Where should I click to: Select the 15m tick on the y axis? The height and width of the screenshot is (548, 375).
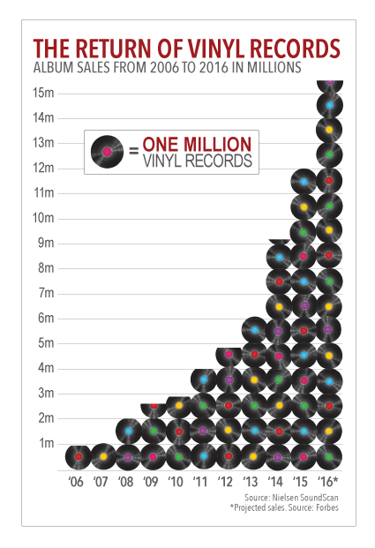coord(44,93)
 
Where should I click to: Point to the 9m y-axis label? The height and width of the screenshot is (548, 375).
coord(46,243)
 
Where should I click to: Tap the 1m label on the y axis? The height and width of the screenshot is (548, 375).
coord(47,443)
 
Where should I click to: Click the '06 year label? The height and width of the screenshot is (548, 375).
coord(76,482)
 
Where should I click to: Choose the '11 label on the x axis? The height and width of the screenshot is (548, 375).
coord(200,482)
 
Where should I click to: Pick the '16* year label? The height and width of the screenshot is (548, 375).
coord(328,482)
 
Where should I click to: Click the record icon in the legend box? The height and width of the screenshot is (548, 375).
coord(108,152)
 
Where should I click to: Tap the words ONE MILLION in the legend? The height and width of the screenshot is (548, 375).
coord(197,144)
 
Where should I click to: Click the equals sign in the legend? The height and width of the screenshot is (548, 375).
coord(134,152)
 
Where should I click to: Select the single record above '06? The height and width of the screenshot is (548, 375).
coord(79,456)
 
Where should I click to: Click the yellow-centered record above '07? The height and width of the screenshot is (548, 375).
coord(103,456)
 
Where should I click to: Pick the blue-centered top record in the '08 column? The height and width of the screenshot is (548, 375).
coord(128,431)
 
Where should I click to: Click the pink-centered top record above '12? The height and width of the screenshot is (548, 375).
coord(229,357)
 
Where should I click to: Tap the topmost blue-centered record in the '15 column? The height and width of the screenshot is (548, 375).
coord(304,182)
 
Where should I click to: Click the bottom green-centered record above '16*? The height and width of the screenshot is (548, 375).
coord(329,456)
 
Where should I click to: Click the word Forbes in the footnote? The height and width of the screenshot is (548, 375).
coord(327,507)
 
